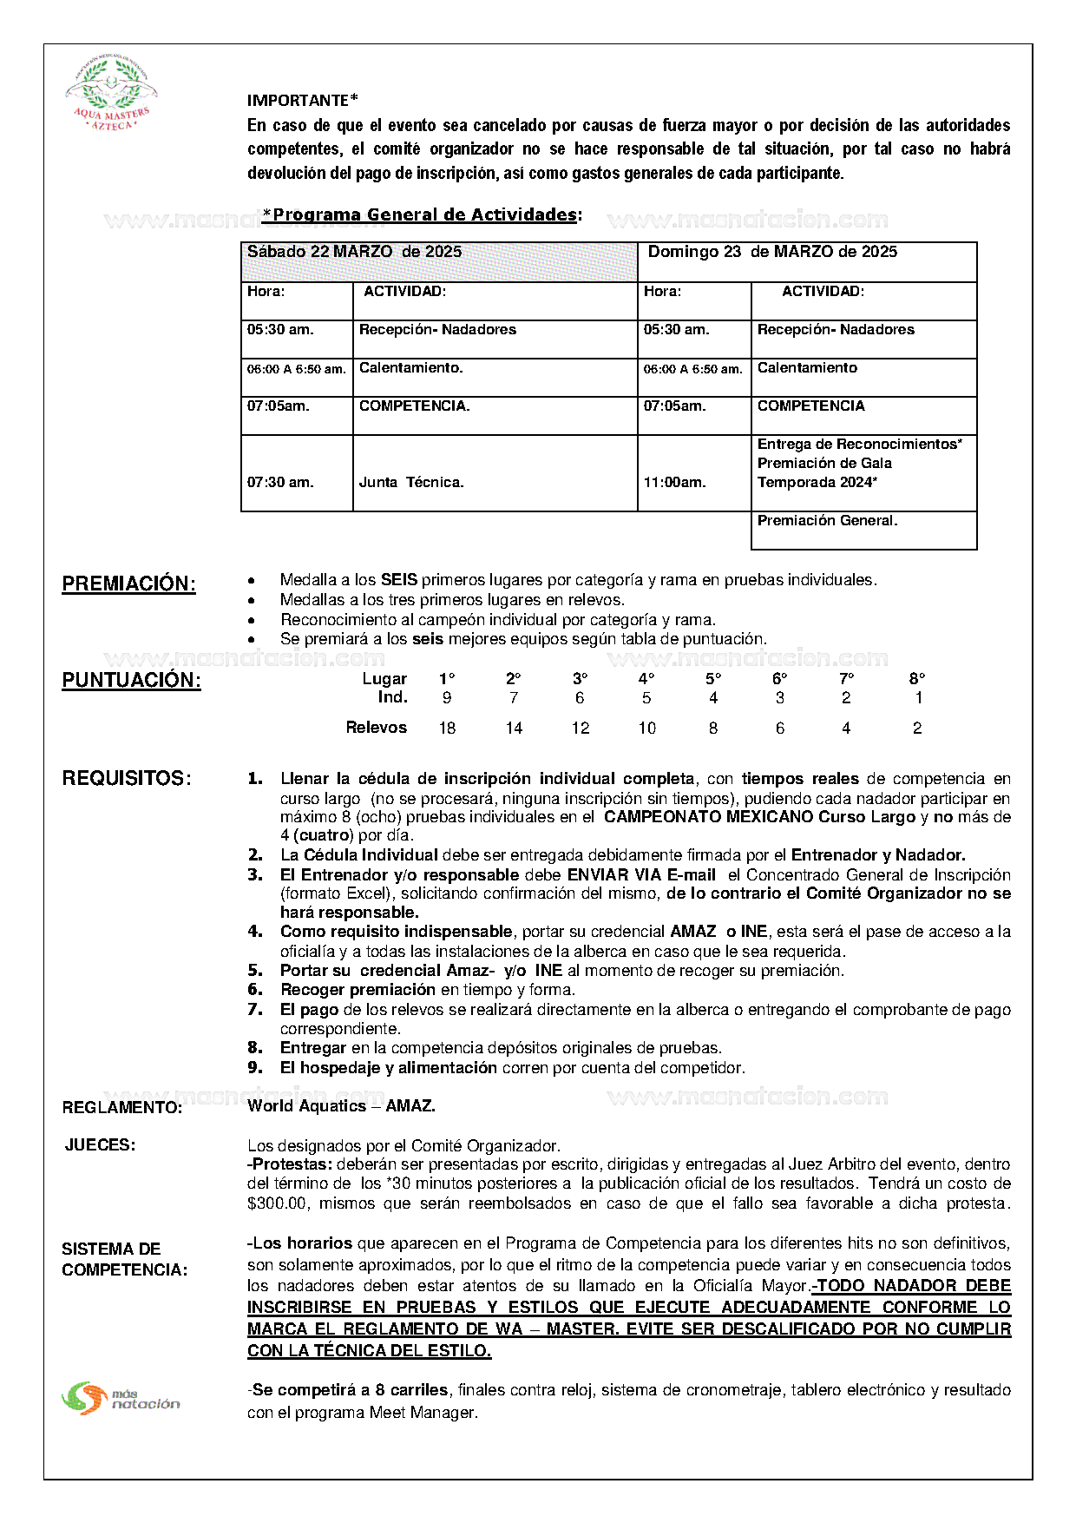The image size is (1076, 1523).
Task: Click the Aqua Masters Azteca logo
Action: (111, 93)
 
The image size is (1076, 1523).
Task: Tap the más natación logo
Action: (121, 1397)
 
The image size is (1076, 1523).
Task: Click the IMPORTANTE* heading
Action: (302, 101)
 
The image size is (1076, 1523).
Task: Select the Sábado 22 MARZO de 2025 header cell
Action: (439, 261)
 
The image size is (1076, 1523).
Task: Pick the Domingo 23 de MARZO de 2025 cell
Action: (807, 261)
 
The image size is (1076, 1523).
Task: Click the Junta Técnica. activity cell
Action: (495, 473)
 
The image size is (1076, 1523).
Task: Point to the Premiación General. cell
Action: (863, 530)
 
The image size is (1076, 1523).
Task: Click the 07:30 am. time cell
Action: (297, 473)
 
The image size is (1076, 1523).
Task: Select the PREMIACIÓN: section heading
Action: (128, 583)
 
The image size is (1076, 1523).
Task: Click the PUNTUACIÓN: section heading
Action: (131, 680)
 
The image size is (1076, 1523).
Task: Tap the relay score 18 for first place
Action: (447, 728)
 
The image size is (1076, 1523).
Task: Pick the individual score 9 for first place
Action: (447, 698)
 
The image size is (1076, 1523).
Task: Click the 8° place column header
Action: (917, 678)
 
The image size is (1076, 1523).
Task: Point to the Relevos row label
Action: (376, 728)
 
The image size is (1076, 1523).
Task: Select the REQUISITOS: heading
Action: (127, 778)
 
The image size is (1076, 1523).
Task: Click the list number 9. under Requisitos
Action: (255, 1067)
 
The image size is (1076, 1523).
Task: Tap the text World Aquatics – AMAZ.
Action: (341, 1105)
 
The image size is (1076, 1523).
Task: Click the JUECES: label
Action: (100, 1145)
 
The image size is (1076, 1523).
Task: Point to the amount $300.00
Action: (278, 1203)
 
